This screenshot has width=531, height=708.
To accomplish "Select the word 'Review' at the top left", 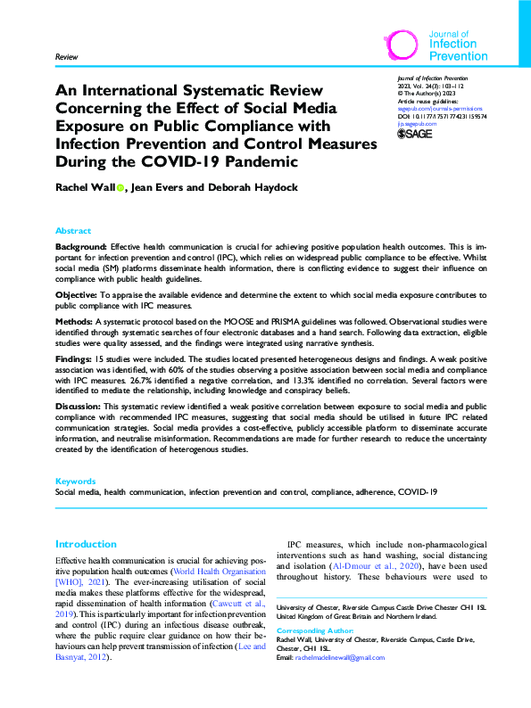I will (66, 56).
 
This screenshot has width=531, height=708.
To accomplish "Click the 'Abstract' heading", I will (73, 230).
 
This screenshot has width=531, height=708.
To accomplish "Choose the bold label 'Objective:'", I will (78, 294).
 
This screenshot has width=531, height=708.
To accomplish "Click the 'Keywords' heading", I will (75, 481).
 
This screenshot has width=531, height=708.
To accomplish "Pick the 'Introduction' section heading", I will (86, 544).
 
